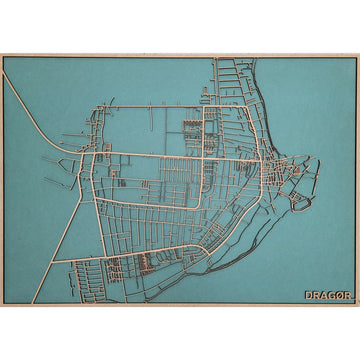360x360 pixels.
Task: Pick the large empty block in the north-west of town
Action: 145,130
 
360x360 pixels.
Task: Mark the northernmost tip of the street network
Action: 216,62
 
